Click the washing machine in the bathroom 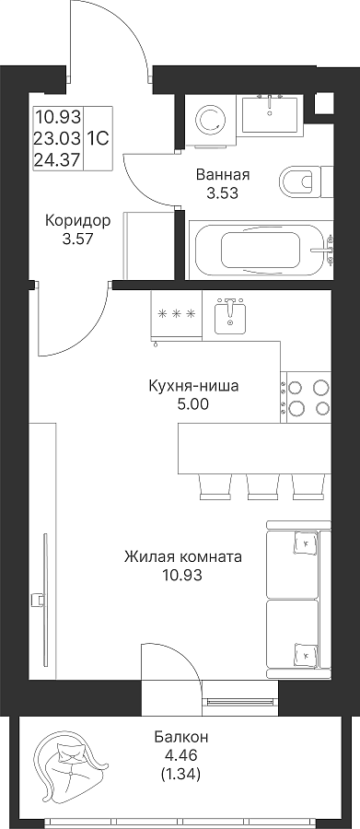tap(212, 121)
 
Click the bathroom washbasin tap(270, 113)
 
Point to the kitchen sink tap(230, 316)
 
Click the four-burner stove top tap(306, 396)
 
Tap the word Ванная tap(222, 174)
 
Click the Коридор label tap(77, 220)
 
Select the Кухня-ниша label tap(193, 387)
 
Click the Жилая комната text tap(183, 556)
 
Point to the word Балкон tap(181, 736)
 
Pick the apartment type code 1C tap(98, 138)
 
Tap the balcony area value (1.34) tap(180, 775)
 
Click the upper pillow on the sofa tap(306, 542)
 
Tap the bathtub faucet tap(323, 250)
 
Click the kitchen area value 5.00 tap(193, 405)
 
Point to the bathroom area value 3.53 tap(222, 193)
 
